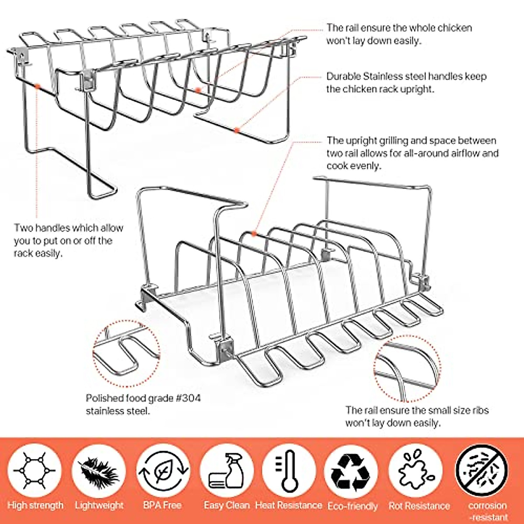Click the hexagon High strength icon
click(34, 471)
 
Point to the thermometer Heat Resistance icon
click(289, 471)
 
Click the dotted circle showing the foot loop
click(126, 354)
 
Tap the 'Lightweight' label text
click(99, 506)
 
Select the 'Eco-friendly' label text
click(352, 506)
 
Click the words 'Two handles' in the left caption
click(41, 228)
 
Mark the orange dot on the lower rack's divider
click(254, 234)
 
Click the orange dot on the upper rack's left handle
click(37, 87)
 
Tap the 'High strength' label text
click(35, 506)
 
